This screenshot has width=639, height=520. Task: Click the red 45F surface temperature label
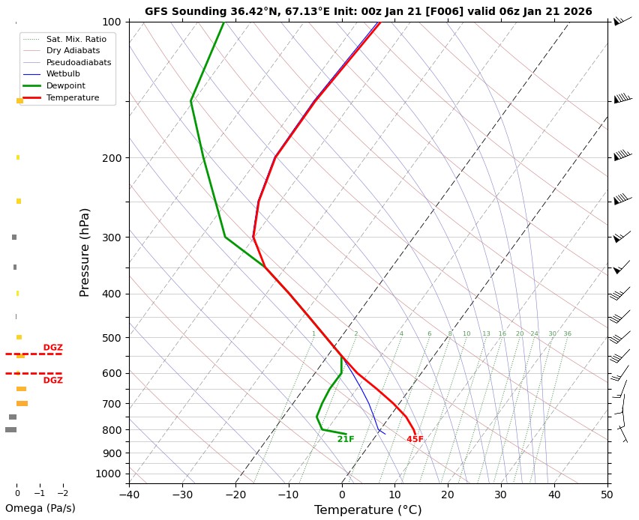point(415,440)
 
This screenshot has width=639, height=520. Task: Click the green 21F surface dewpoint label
point(346,440)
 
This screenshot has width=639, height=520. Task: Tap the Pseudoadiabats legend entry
point(78,62)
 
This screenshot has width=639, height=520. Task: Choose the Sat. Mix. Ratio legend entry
point(76,38)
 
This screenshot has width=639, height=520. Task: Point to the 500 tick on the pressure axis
point(111,338)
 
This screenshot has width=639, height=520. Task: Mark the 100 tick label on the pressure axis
point(111,22)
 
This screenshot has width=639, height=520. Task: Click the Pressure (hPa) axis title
point(85,252)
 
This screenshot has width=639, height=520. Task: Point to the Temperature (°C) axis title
point(367,510)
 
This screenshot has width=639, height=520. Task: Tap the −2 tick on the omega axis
point(62,494)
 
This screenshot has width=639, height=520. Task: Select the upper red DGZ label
point(52,348)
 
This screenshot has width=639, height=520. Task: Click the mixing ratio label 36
point(567,334)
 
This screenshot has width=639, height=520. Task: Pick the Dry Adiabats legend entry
point(72,50)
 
